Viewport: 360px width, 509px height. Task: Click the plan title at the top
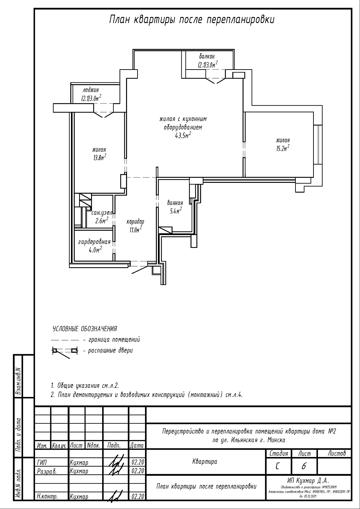point(192,20)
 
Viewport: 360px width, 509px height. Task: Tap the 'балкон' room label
point(207,56)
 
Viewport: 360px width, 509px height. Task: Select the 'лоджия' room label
point(91,90)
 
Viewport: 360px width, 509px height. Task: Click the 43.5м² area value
point(183,136)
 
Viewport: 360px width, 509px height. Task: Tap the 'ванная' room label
point(175,203)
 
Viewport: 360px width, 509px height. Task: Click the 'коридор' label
point(135,222)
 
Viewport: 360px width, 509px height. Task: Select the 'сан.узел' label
point(102,213)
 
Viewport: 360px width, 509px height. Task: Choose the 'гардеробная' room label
point(94,242)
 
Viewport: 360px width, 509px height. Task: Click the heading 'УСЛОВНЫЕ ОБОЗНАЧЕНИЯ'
point(85,329)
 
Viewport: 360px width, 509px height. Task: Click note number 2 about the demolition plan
point(147,395)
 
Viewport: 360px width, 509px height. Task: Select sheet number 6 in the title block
point(303,467)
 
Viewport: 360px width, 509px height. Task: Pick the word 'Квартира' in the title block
point(205,461)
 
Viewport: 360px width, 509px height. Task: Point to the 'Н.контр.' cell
point(47,496)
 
